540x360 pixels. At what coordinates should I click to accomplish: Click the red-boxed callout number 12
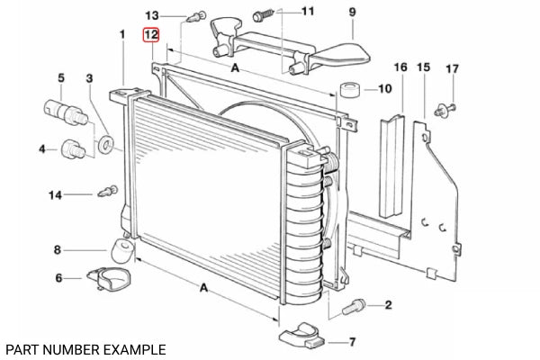(x=151, y=35)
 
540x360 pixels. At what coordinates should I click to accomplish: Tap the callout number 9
(x=352, y=13)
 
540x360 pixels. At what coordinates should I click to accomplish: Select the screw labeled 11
(x=263, y=16)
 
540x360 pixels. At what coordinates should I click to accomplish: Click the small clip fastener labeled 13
(x=196, y=16)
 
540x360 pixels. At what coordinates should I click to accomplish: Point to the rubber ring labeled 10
(x=351, y=90)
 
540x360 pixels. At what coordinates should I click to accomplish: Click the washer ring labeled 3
(x=105, y=144)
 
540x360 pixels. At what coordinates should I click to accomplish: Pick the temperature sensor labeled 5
(x=66, y=112)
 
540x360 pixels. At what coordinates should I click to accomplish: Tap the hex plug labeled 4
(x=73, y=149)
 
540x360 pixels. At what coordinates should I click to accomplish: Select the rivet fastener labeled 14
(x=108, y=191)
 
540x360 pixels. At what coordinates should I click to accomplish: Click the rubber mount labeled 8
(x=122, y=250)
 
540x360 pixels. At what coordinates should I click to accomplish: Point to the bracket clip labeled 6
(x=109, y=278)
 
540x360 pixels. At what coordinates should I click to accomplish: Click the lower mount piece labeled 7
(x=302, y=336)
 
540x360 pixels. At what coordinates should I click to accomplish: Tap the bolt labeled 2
(x=354, y=306)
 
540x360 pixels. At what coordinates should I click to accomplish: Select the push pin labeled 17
(x=445, y=110)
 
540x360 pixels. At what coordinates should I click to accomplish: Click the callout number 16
(x=400, y=67)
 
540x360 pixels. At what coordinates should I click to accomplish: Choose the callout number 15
(x=423, y=67)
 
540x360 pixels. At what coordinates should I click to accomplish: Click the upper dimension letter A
(x=235, y=67)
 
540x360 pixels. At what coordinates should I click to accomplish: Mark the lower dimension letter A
(x=204, y=287)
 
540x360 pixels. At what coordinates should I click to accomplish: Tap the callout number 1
(x=122, y=34)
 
